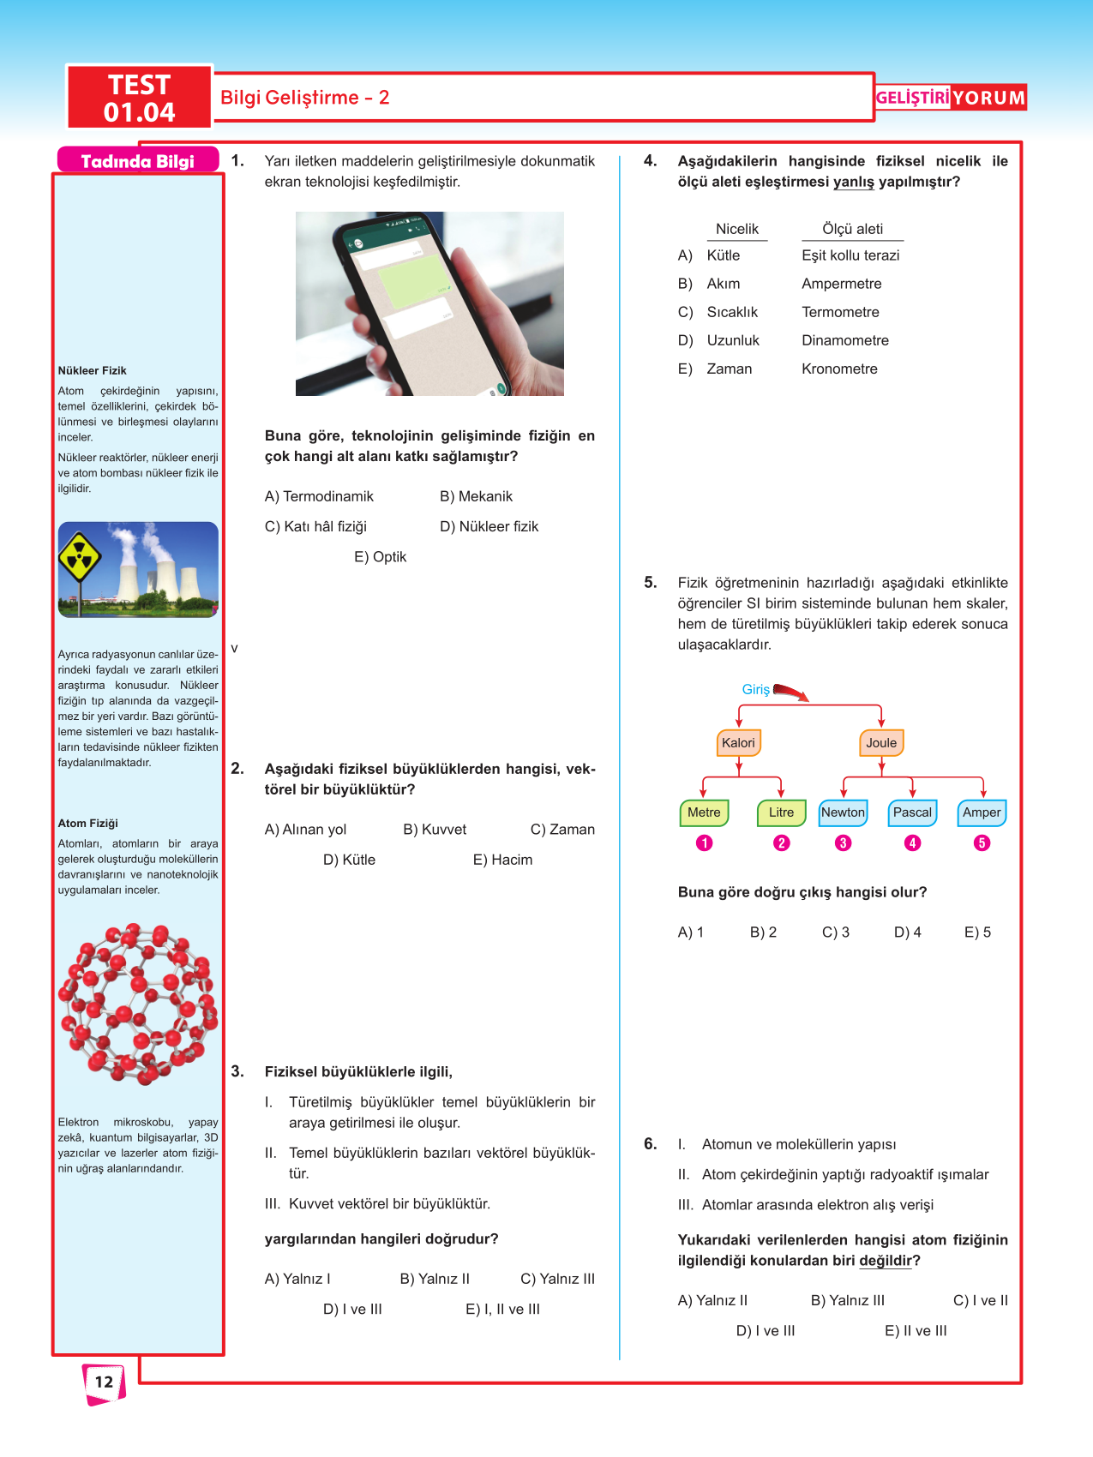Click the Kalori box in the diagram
click(x=738, y=743)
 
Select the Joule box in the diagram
click(x=881, y=743)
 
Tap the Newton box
click(x=843, y=812)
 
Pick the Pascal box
click(x=912, y=812)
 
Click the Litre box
click(x=781, y=812)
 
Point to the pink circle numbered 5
click(x=982, y=843)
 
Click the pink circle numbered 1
click(x=704, y=843)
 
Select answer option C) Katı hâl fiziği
click(x=315, y=526)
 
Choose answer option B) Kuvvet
click(x=435, y=830)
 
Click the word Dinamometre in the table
click(x=845, y=340)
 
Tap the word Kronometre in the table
click(x=839, y=369)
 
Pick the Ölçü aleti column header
click(x=852, y=229)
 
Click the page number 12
click(x=104, y=1382)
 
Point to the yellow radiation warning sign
click(x=79, y=558)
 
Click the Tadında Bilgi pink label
click(x=137, y=161)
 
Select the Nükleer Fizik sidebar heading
click(x=92, y=370)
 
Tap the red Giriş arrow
click(x=790, y=692)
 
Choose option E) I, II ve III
click(x=502, y=1309)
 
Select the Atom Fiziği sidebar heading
click(x=87, y=823)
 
